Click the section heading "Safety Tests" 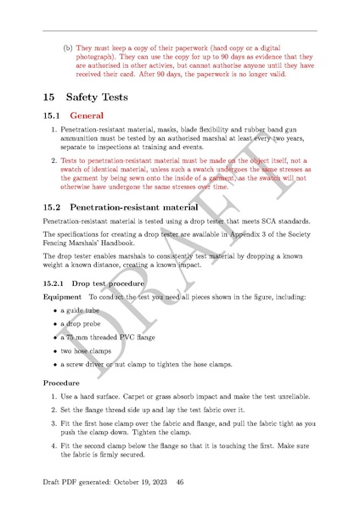click(97, 97)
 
